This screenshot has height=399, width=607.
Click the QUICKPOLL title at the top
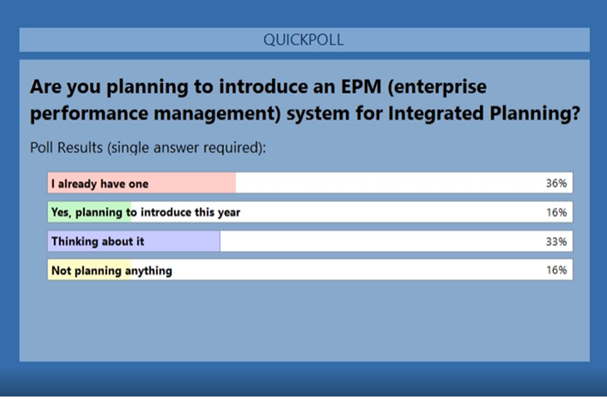click(303, 40)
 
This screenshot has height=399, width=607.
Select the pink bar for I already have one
click(141, 183)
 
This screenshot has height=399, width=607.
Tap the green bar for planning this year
click(90, 212)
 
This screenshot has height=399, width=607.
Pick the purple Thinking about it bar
click(134, 241)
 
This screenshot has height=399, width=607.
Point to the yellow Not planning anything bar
click(90, 270)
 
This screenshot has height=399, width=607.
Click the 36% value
click(556, 183)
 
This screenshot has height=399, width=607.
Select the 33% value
click(556, 242)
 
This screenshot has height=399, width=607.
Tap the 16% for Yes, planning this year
click(556, 213)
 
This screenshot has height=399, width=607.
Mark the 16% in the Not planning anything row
click(556, 270)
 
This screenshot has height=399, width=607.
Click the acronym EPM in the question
click(361, 86)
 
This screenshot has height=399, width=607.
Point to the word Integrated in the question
click(436, 114)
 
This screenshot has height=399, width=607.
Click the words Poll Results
click(67, 147)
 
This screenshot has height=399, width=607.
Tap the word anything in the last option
click(149, 271)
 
